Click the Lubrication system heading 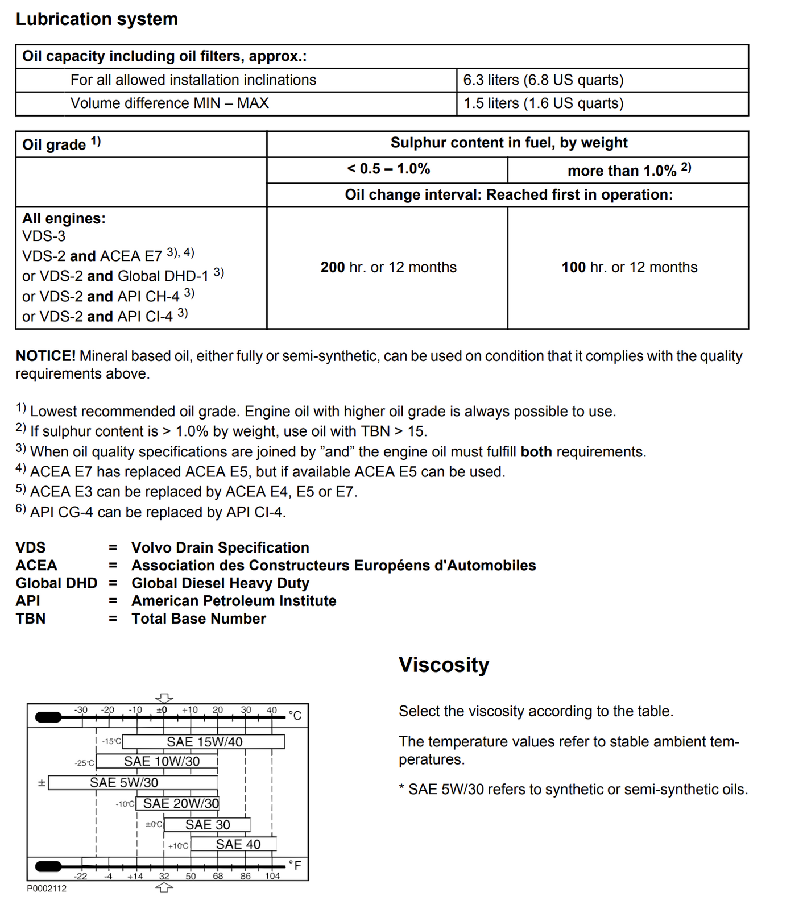(x=97, y=19)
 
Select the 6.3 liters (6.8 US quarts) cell (x=543, y=80)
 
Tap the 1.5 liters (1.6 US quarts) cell (x=543, y=103)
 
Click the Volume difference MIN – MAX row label (x=169, y=103)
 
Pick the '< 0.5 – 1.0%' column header (x=388, y=169)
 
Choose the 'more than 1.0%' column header (x=628, y=170)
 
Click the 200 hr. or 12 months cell (x=388, y=267)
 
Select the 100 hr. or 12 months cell (x=629, y=267)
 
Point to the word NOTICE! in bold (x=45, y=356)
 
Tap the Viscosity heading (x=444, y=665)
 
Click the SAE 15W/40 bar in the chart (x=204, y=742)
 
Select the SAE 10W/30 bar (x=162, y=761)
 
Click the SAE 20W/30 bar (x=180, y=803)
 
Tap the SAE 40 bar (x=238, y=844)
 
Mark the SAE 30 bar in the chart (x=208, y=824)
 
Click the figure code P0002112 (x=47, y=889)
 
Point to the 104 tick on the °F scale (x=272, y=876)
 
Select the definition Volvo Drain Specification (x=220, y=547)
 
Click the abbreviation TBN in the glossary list (x=31, y=619)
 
